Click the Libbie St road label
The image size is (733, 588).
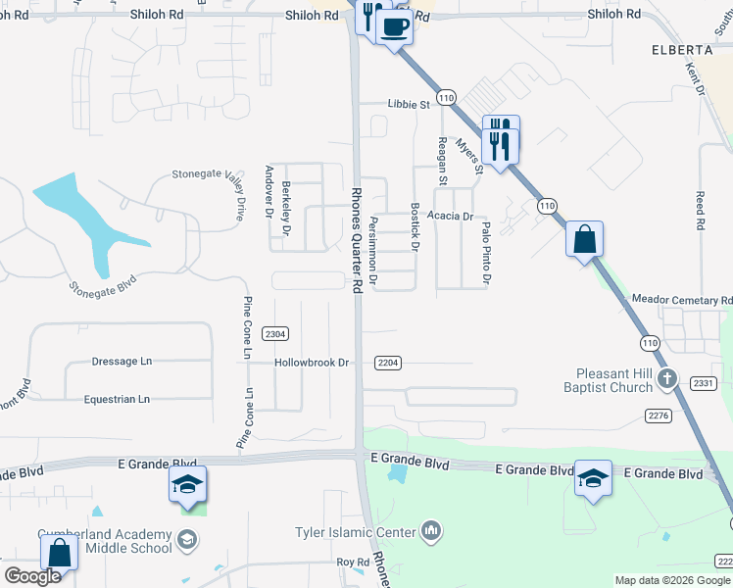[410, 104]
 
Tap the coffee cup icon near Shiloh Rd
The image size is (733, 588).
[394, 26]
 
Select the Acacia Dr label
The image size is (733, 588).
[451, 216]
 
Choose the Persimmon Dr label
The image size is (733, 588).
[373, 253]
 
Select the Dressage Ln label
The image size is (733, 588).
[122, 361]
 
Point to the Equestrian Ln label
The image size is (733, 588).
[117, 399]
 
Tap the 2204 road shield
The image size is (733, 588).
[388, 363]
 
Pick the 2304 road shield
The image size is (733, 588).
[275, 334]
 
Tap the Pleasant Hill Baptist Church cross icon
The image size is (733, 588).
[666, 378]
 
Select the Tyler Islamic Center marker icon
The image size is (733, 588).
[430, 532]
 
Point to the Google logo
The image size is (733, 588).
[32, 576]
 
